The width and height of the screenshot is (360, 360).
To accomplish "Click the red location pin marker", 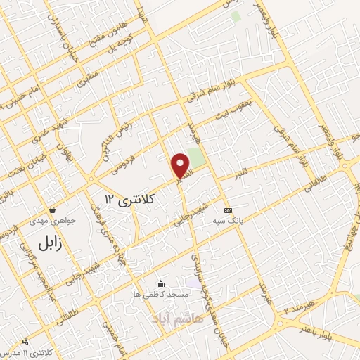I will click(x=181, y=165).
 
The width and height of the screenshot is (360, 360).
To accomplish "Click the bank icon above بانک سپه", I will click(x=227, y=210).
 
